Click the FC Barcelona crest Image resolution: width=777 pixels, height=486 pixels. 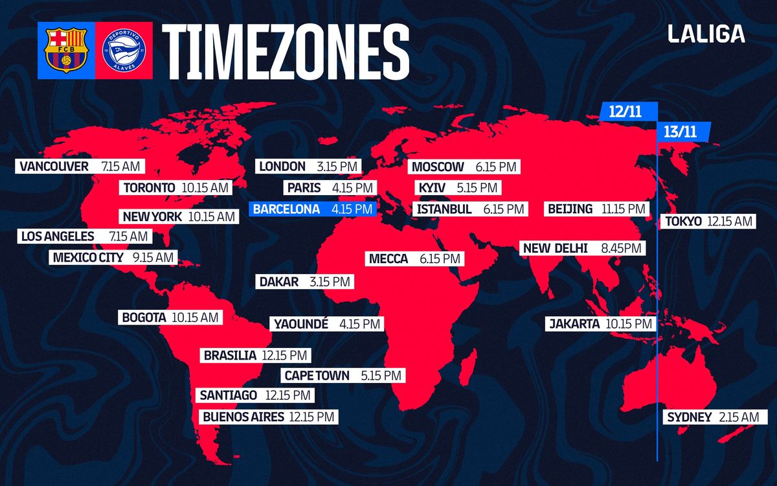coord(66,51)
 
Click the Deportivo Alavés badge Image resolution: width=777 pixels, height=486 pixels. coord(124,51)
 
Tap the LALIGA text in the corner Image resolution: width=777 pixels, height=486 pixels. coord(706,34)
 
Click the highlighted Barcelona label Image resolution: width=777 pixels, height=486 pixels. coord(313,209)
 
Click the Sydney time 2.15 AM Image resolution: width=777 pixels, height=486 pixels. coord(738,417)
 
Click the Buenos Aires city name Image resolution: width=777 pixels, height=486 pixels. coord(243,417)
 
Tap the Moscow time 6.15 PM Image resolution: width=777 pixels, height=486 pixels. coord(496,167)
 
